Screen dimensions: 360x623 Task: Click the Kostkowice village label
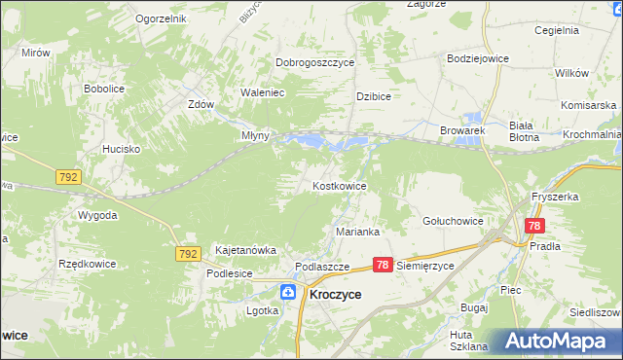pos(339,185)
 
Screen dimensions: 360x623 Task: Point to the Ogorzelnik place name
pos(161,18)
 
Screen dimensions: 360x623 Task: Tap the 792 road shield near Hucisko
pos(68,178)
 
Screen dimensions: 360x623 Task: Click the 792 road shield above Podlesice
pos(188,253)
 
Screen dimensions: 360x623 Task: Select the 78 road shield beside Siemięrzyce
pos(383,265)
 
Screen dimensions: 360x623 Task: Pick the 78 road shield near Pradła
pos(533,226)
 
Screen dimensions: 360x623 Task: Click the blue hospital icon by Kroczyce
pos(289,292)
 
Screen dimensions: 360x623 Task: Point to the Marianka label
pos(357,233)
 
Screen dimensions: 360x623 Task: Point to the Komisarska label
pos(589,104)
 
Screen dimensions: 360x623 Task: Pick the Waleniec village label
pos(262,93)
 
